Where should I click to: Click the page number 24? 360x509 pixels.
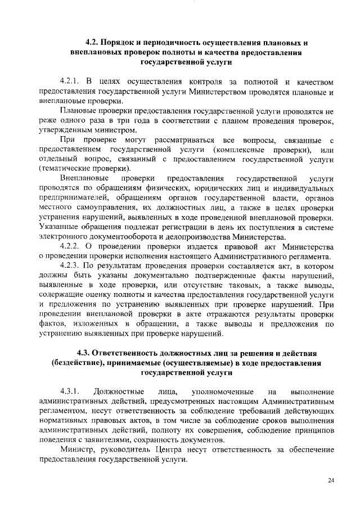[x=330, y=480]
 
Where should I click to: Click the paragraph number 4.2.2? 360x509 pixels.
[x=71, y=246]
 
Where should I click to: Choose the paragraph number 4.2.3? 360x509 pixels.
[x=71, y=265]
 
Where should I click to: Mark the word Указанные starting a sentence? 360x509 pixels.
[x=61, y=227]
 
